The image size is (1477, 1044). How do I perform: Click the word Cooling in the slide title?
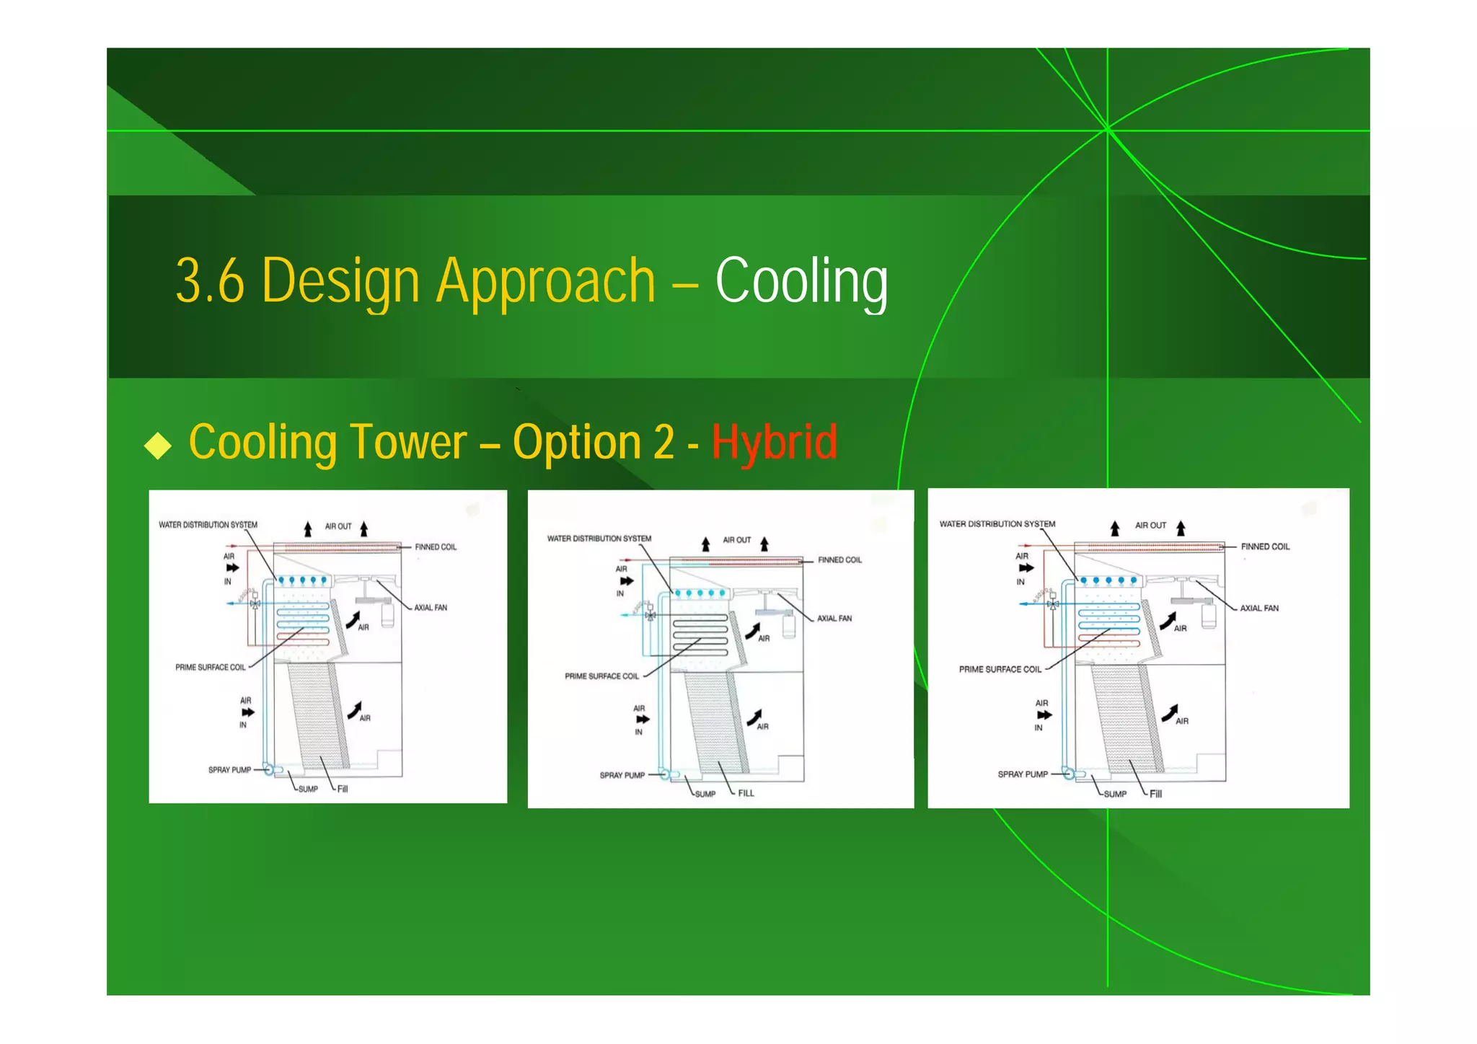[801, 281]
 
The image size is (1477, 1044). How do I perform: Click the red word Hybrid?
[775, 442]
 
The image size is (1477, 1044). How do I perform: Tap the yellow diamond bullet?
[158, 446]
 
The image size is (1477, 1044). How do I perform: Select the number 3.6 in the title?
[210, 281]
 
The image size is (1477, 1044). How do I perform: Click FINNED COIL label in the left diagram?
[436, 547]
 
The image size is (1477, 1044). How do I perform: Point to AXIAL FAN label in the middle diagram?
[834, 619]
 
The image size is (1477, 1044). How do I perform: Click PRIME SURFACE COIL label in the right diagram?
[1000, 670]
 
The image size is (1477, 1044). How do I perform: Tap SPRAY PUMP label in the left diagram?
[230, 770]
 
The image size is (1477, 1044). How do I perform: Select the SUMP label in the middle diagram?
[705, 794]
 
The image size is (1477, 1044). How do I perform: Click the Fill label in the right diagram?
[1155, 794]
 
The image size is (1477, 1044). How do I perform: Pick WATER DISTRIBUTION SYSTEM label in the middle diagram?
[599, 539]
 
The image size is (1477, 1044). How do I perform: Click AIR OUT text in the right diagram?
[1150, 526]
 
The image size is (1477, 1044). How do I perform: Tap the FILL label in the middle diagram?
[746, 793]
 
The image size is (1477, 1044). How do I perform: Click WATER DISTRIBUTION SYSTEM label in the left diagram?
[208, 525]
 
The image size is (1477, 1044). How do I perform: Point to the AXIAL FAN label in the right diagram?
[1259, 609]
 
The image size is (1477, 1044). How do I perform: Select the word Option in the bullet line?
[577, 442]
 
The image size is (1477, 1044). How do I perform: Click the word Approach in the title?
[546, 281]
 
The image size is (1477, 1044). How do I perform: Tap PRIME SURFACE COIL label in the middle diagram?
[601, 676]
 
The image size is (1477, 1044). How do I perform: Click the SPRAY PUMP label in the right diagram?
[1023, 774]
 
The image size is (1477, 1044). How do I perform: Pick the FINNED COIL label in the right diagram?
[1265, 547]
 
